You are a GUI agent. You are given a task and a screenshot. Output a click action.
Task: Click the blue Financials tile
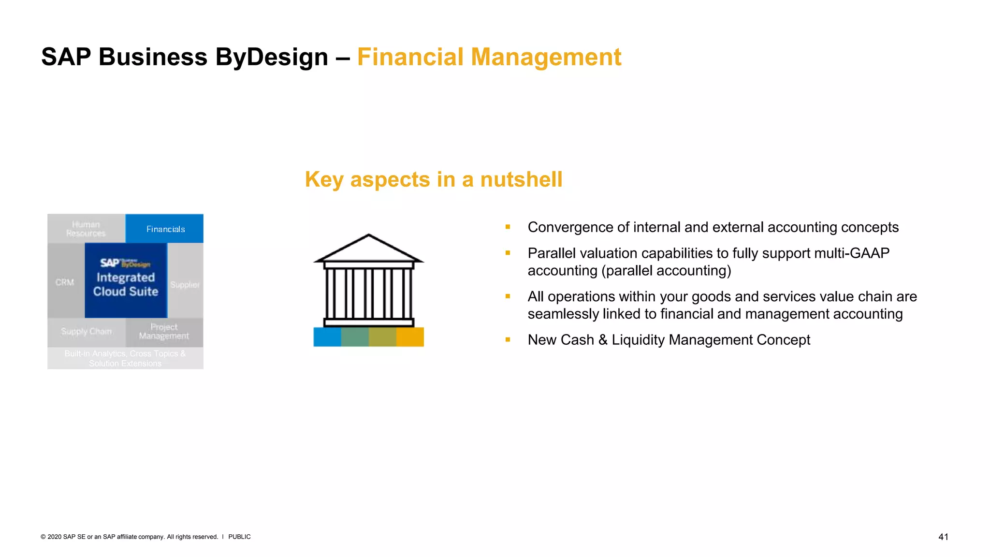tap(164, 229)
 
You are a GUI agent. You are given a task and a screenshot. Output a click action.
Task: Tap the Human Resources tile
tap(86, 229)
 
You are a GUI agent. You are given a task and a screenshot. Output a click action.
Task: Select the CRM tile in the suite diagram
tap(65, 282)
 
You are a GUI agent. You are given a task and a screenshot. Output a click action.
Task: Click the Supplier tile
tap(185, 285)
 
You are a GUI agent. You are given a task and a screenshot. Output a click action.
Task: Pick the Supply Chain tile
tap(87, 332)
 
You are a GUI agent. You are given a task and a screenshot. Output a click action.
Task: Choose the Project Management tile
tap(164, 332)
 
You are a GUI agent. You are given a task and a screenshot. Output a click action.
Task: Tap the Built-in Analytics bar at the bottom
tap(125, 358)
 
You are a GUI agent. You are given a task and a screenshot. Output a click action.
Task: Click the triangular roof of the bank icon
tap(368, 249)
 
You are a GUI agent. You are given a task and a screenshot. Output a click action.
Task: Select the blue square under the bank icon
tap(327, 337)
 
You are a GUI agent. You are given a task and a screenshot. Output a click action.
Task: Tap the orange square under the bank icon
tap(410, 337)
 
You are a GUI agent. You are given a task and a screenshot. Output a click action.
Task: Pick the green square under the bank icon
tap(355, 337)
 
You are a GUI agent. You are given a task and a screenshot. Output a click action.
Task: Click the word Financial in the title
tap(410, 57)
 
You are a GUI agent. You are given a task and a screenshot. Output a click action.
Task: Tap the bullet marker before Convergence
tap(508, 227)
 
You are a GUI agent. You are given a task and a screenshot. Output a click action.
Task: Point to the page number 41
tap(943, 537)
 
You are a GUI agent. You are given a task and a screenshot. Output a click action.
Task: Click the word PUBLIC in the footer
tap(239, 537)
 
